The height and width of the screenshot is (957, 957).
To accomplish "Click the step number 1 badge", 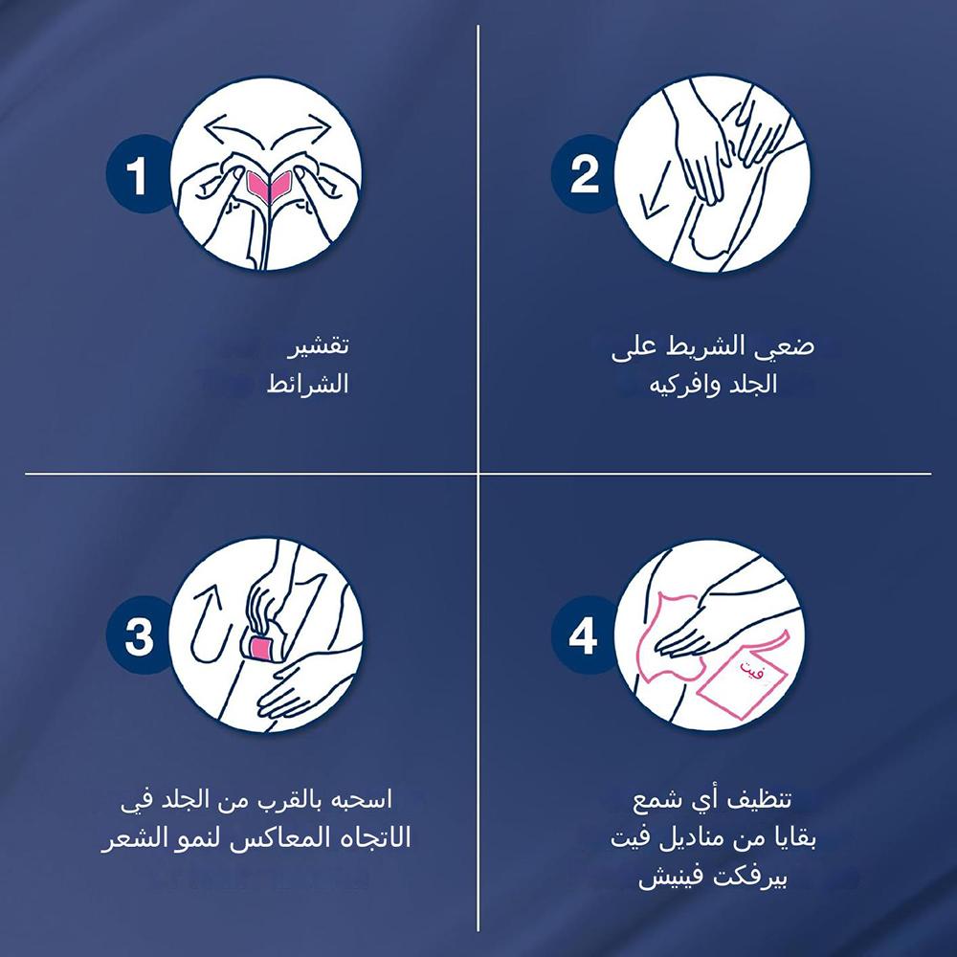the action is coord(136,174).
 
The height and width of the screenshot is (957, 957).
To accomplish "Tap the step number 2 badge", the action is coord(583,174).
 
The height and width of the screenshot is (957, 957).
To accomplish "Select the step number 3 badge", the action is coord(138,635).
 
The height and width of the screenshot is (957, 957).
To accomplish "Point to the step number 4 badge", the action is coord(582,635).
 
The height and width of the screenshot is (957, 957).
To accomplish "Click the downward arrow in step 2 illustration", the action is coord(656,190).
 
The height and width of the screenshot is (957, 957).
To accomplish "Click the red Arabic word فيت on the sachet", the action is coord(752,669).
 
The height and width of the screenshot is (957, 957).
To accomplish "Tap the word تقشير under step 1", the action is coord(318,345).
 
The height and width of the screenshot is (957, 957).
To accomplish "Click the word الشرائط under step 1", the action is coord(307,384).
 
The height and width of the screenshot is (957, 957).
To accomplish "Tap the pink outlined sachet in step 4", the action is coord(743,674).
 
